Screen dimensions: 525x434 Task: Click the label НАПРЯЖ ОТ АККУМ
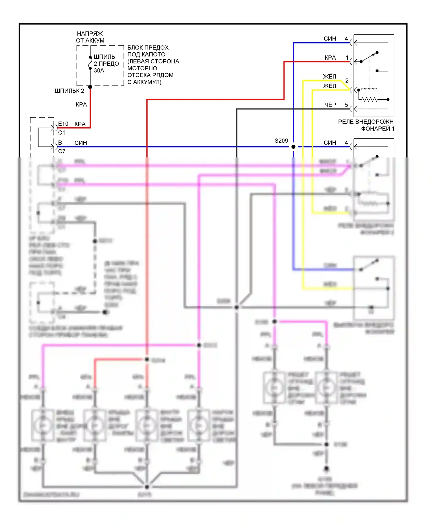90,37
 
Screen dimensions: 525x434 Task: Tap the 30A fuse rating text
99,71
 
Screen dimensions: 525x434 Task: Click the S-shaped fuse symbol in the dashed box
90,63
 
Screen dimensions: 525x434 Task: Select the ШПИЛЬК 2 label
69,91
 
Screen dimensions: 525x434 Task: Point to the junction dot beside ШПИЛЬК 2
90,87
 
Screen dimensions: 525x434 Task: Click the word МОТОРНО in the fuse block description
142,68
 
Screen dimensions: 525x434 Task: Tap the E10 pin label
63,124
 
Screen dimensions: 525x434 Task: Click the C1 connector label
62,133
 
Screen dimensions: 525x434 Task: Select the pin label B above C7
60,143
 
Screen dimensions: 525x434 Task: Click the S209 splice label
281,141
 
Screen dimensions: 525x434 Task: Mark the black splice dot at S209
293,147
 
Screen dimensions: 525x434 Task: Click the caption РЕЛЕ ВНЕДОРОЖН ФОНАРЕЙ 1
366,125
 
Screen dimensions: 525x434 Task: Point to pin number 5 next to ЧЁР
346,105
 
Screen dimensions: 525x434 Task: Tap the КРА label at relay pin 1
330,58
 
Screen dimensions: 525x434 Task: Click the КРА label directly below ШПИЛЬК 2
81,104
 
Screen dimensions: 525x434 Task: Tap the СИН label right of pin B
81,143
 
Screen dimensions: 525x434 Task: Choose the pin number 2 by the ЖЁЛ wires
347,80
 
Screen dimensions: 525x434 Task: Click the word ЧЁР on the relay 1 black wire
330,105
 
